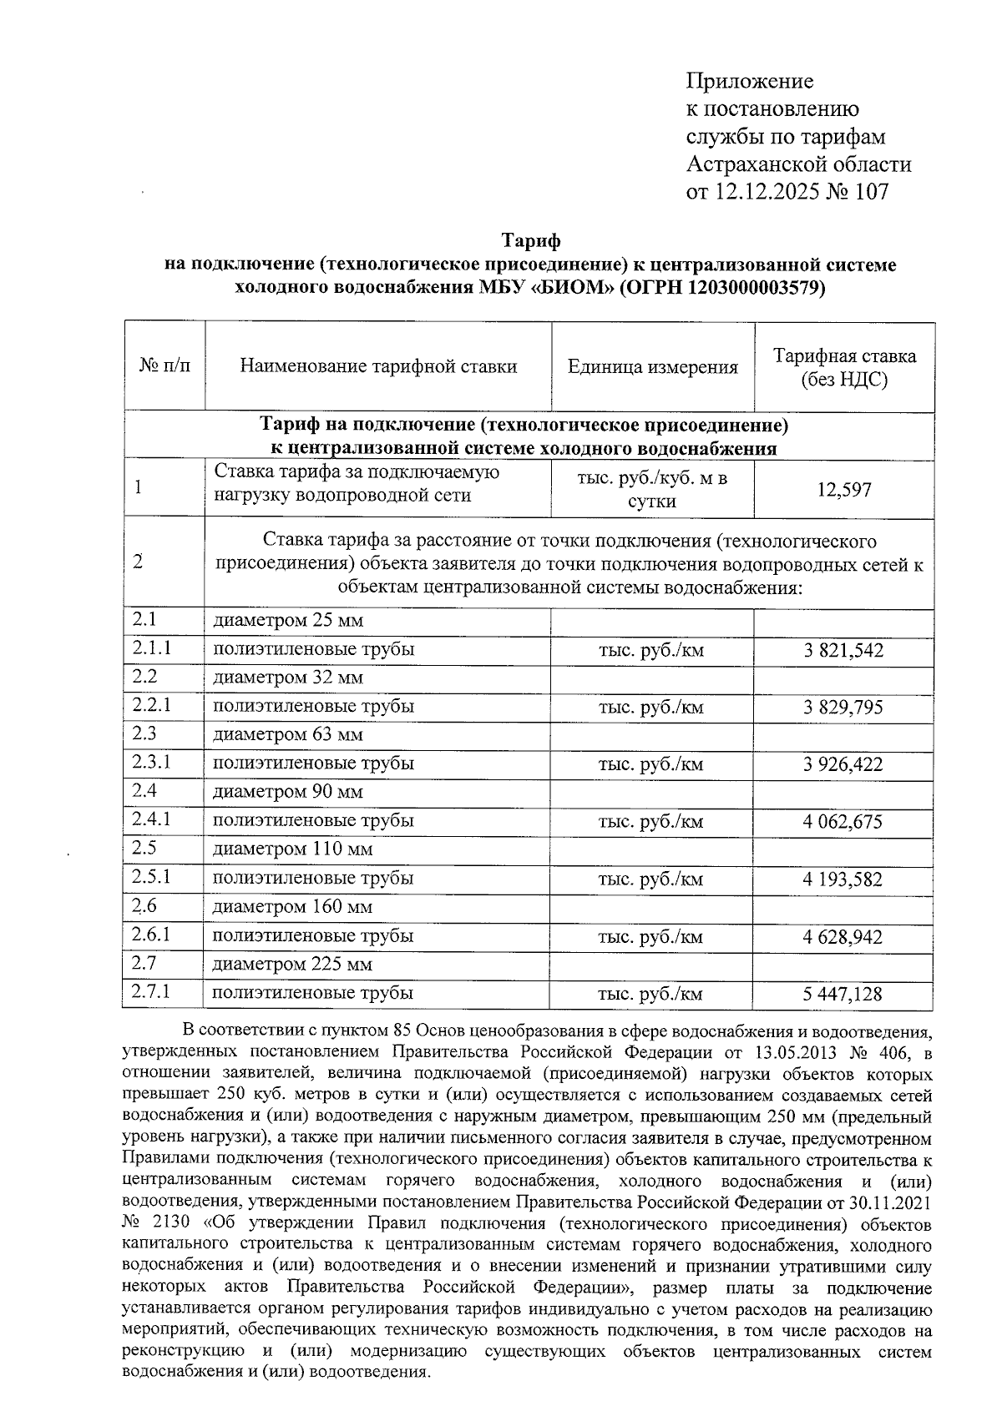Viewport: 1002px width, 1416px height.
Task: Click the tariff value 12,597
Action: tap(844, 490)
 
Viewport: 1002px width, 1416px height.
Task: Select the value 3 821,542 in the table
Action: tap(843, 651)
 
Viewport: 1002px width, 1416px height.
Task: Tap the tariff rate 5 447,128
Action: tap(843, 995)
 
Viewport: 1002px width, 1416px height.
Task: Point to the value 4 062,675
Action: tap(843, 823)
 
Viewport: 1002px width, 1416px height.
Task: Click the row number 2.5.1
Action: tap(151, 878)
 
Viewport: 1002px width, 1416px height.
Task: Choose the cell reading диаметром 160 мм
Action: tap(292, 907)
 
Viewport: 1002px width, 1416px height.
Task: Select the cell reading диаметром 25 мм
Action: tap(288, 621)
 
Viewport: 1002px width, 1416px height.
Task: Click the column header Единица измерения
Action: tap(653, 367)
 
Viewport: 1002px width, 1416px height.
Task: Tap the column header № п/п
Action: tap(164, 367)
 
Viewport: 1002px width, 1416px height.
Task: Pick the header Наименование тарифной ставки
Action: tap(378, 366)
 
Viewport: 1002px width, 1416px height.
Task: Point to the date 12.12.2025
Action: tap(765, 192)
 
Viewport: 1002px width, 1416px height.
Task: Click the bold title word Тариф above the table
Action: tap(530, 241)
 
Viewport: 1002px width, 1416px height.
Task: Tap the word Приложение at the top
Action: tap(750, 82)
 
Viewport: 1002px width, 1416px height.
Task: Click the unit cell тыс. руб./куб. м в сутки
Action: tap(653, 490)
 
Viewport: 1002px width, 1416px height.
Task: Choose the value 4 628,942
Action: tap(843, 937)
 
